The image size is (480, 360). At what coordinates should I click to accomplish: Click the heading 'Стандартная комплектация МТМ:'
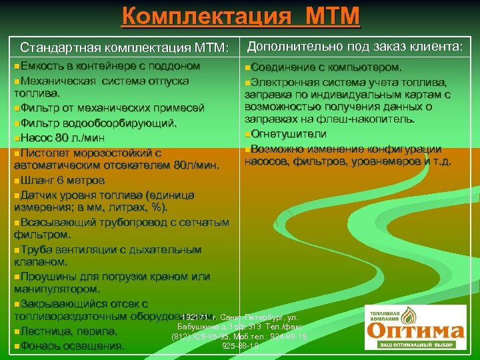124,48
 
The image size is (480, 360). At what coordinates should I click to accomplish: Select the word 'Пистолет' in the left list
46,153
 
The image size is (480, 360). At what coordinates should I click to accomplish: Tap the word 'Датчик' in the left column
39,195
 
